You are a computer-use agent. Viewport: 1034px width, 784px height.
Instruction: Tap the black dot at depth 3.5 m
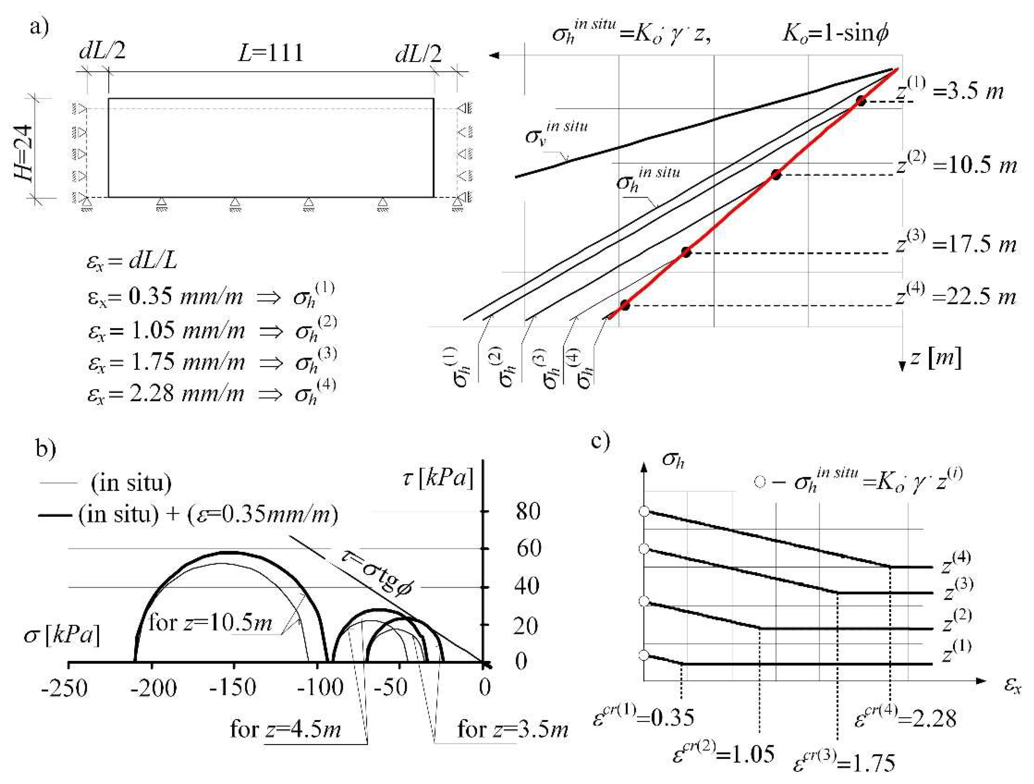pyautogui.click(x=861, y=101)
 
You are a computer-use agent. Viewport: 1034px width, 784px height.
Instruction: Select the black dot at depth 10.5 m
pyautogui.click(x=776, y=175)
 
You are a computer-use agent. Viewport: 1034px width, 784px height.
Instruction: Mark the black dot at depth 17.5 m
pyautogui.click(x=686, y=253)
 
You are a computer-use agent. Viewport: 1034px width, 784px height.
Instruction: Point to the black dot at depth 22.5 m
pyautogui.click(x=625, y=305)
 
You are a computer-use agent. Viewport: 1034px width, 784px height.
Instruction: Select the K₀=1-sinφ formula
pyautogui.click(x=835, y=34)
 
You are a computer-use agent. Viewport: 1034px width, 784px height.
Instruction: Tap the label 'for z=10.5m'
pyautogui.click(x=210, y=623)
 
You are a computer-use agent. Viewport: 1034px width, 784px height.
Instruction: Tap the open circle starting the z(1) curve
pyautogui.click(x=644, y=655)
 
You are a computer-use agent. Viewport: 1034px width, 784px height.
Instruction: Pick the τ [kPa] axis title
pyautogui.click(x=438, y=479)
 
